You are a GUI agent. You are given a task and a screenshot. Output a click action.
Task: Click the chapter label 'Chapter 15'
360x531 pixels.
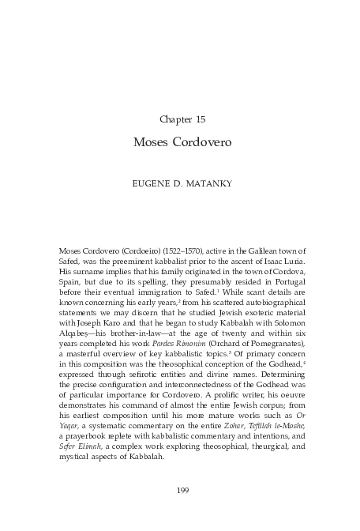click(182, 119)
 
